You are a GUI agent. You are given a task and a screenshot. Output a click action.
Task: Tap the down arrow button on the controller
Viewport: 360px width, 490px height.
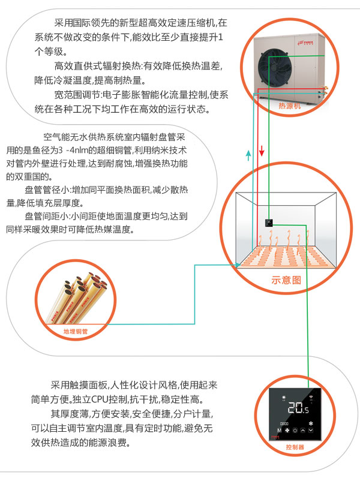311,429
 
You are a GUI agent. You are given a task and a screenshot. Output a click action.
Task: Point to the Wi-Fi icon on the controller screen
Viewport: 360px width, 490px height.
311,397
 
